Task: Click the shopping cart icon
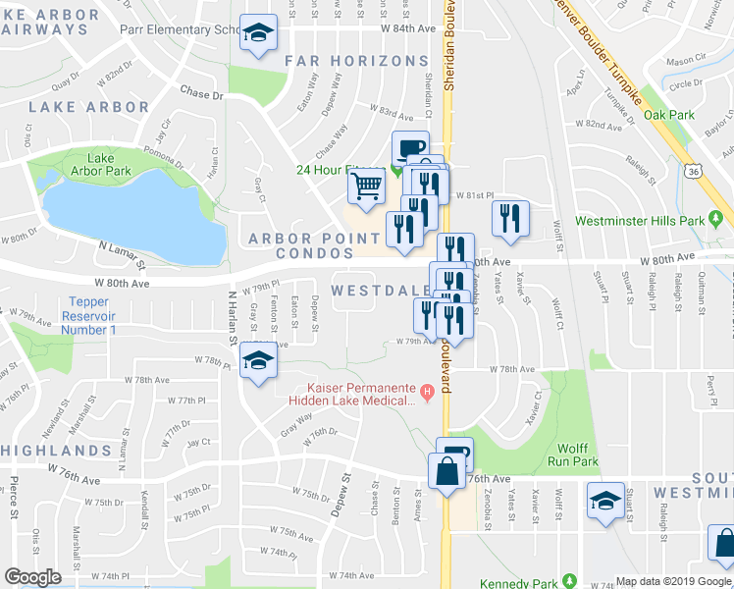[366, 185]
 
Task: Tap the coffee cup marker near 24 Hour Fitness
[410, 149]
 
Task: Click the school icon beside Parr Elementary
[259, 34]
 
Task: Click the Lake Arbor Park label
[109, 164]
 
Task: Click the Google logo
[32, 577]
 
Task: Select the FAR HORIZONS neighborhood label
[356, 61]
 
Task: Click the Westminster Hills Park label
[654, 220]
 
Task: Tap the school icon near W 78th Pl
[259, 364]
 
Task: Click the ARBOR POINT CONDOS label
[314, 246]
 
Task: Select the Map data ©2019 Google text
[672, 581]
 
